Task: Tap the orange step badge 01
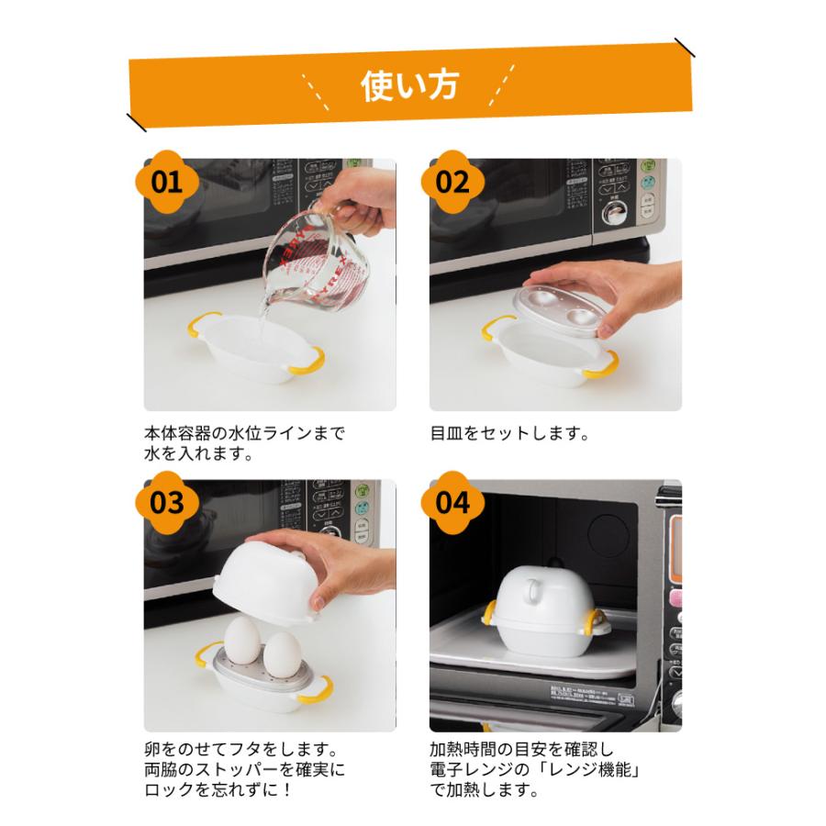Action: point(167,181)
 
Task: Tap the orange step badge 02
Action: point(452,181)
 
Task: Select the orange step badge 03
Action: point(167,502)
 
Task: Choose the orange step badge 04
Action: point(452,502)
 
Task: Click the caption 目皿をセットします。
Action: point(508,431)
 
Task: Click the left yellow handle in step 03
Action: point(204,655)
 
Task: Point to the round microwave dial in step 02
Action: point(608,215)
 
